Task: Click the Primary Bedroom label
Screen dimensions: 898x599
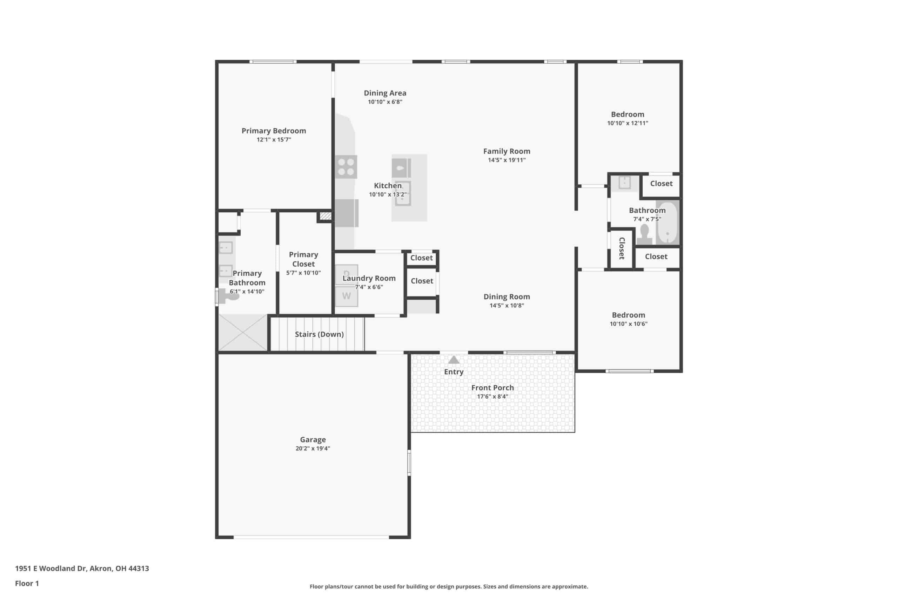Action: click(x=274, y=131)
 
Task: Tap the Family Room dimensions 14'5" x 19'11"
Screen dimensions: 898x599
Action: click(x=507, y=160)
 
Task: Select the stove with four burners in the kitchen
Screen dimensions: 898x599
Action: click(x=346, y=167)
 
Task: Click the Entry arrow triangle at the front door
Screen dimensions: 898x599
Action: click(x=454, y=360)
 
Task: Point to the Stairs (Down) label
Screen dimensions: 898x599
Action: click(x=319, y=334)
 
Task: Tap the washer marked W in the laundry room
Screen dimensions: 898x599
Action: click(x=347, y=296)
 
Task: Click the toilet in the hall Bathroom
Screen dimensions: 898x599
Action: click(x=644, y=234)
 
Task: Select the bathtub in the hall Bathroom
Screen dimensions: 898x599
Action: click(x=668, y=222)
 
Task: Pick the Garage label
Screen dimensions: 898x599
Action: click(x=313, y=440)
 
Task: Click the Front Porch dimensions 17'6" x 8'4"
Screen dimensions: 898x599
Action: click(x=492, y=397)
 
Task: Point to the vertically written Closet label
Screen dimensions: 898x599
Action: click(x=622, y=248)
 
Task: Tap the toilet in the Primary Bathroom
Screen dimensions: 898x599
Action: click(x=228, y=296)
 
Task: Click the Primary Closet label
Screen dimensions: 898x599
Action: click(x=303, y=259)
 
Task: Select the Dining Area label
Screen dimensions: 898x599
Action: click(x=385, y=93)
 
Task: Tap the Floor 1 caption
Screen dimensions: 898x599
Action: click(x=27, y=583)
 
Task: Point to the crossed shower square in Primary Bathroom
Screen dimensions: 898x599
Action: click(x=243, y=332)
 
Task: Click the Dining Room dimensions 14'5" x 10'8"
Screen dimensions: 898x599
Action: click(x=507, y=306)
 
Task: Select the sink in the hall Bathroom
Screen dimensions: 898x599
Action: click(x=625, y=182)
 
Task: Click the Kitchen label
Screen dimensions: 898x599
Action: click(x=388, y=186)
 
